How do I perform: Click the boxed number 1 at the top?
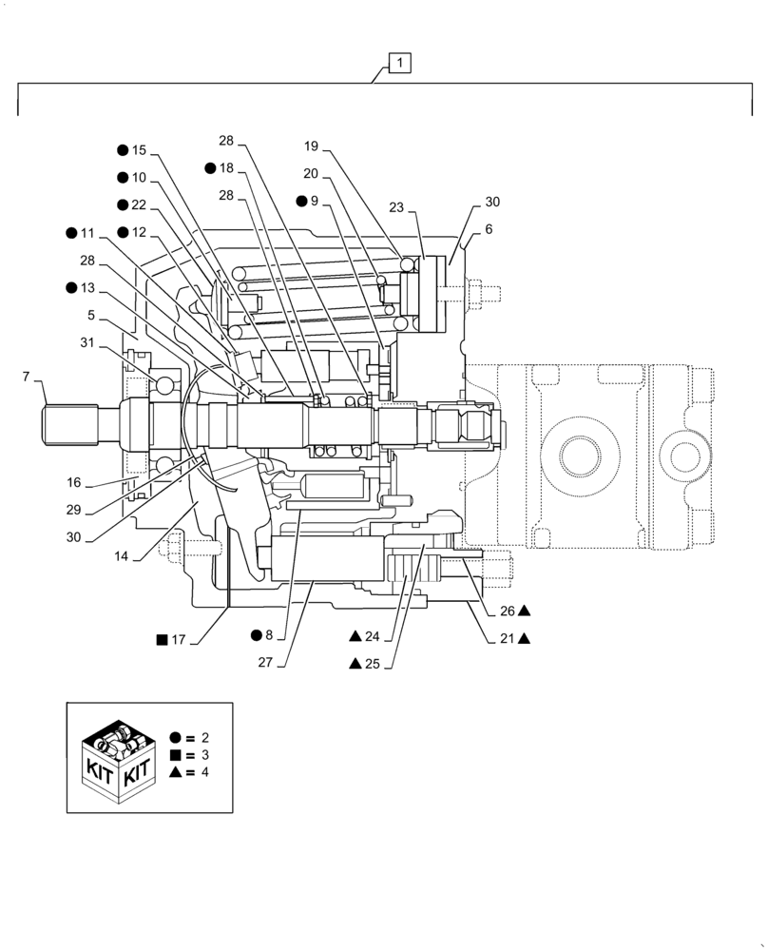pos(400,64)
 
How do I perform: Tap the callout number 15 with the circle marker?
pos(139,150)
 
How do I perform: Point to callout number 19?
pos(311,146)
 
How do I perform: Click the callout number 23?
pos(396,208)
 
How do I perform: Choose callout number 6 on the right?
pos(489,229)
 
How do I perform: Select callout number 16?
pos(74,482)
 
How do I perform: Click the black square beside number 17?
pos(161,639)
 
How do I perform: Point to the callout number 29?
pos(74,510)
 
